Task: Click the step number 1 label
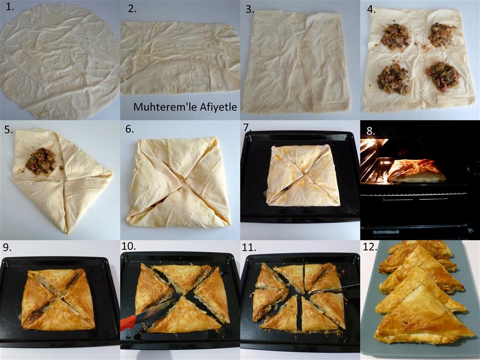[x=10, y=7]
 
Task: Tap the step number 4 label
[x=371, y=9]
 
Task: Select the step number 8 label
[x=370, y=131]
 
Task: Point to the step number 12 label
[x=369, y=247]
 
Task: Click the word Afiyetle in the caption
[x=218, y=107]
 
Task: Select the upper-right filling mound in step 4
[x=442, y=34]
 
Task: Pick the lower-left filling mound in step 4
[x=393, y=79]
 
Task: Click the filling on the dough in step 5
[x=40, y=161]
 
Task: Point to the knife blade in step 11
[x=335, y=289]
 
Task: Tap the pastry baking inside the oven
[x=416, y=171]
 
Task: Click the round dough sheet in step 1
[x=60, y=60]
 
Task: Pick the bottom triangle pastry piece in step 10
[x=185, y=317]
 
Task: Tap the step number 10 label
[x=128, y=246]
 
